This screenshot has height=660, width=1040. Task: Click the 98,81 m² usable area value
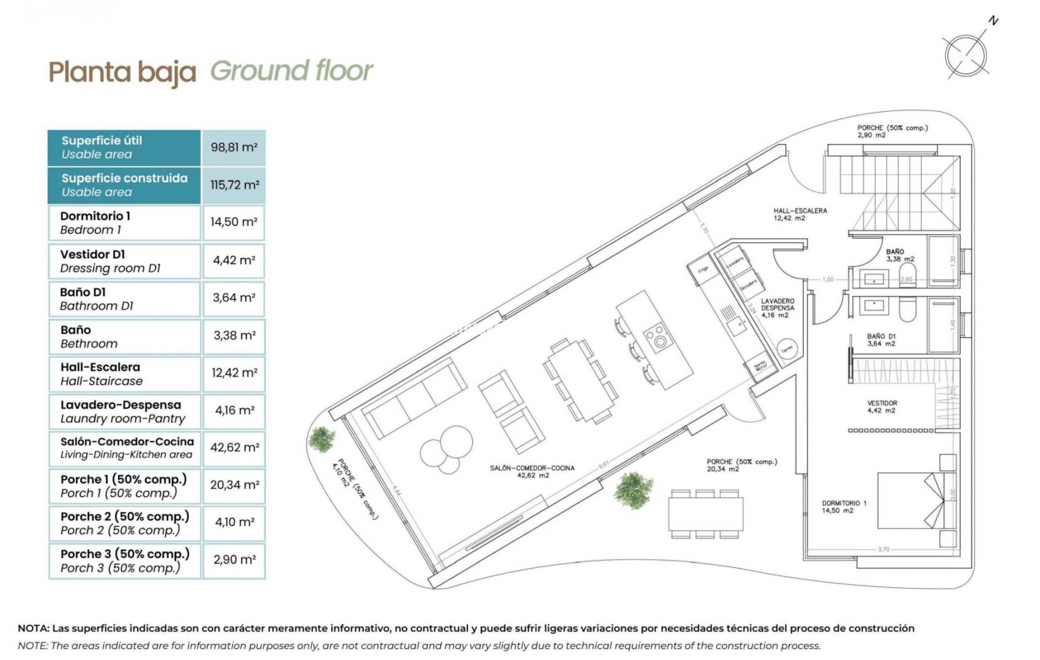[234, 147]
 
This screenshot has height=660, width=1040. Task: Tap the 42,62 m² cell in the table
[234, 447]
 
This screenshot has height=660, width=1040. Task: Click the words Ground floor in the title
[291, 71]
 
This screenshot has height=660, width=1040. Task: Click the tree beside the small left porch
[322, 438]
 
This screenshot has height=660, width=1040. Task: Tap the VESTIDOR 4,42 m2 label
[882, 406]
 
